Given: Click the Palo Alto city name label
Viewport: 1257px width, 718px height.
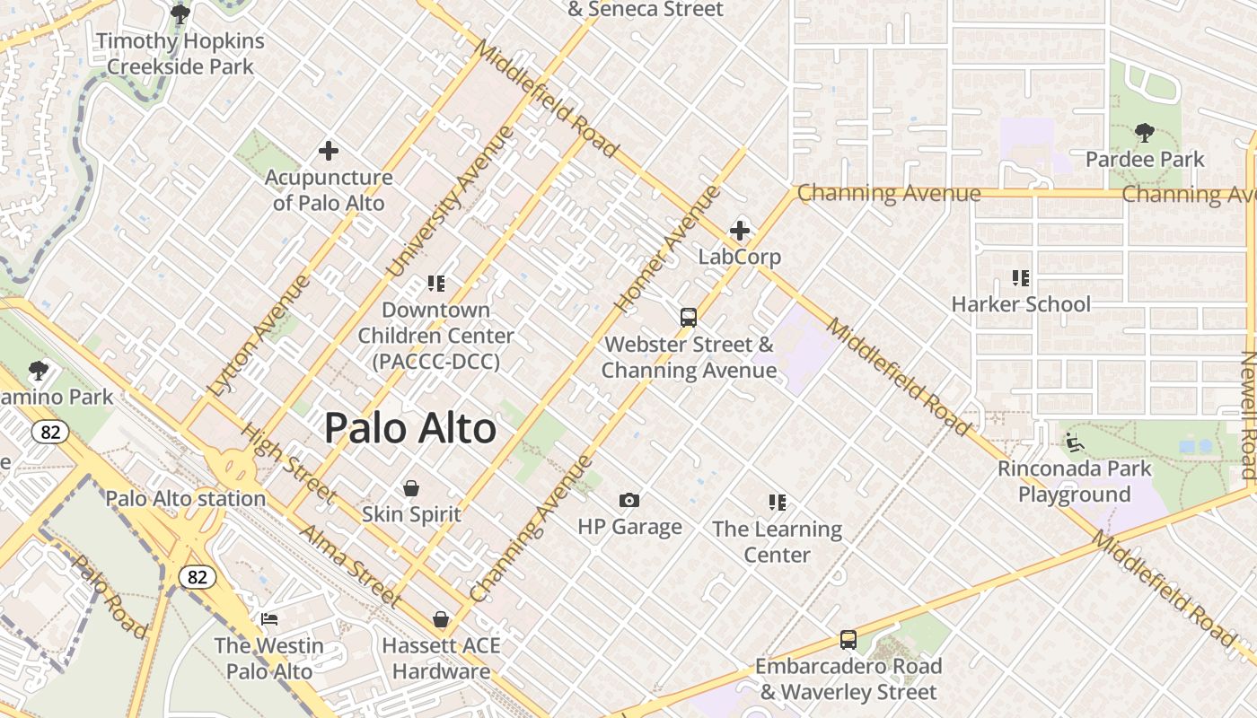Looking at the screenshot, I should pyautogui.click(x=409, y=428).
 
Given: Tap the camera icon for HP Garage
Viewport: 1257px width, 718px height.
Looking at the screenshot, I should pyautogui.click(x=629, y=500).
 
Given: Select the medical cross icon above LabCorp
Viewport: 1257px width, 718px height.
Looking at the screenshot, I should pyautogui.click(x=740, y=231).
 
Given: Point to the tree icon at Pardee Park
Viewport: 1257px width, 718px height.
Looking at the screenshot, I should pyautogui.click(x=1144, y=134).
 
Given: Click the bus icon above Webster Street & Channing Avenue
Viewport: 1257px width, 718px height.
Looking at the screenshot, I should pyautogui.click(x=689, y=318).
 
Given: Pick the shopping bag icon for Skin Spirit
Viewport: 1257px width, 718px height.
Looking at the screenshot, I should pyautogui.click(x=411, y=488).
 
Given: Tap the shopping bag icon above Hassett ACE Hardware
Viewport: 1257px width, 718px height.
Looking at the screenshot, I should pyautogui.click(x=441, y=619).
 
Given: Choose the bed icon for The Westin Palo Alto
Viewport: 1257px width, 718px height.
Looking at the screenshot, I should pyautogui.click(x=268, y=619).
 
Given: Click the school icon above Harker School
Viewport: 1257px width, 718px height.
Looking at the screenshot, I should pyautogui.click(x=1020, y=278).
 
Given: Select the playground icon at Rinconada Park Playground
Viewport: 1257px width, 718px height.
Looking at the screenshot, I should pyautogui.click(x=1074, y=442).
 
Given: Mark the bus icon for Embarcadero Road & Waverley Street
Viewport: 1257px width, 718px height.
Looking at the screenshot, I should pyautogui.click(x=848, y=640).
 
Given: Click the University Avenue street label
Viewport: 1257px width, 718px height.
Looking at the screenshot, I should pyautogui.click(x=451, y=201).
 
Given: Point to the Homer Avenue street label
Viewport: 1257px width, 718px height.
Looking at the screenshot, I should pyautogui.click(x=669, y=249).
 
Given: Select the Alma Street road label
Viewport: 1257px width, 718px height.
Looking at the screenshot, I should pyautogui.click(x=349, y=565).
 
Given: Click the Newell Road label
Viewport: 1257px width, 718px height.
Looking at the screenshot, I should pyautogui.click(x=1248, y=415).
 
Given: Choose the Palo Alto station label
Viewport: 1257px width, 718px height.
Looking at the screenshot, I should pyautogui.click(x=186, y=499).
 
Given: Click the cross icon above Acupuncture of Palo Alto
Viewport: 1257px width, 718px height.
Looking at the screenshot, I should pyautogui.click(x=329, y=151).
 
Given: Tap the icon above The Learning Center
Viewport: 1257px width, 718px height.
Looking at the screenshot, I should pyautogui.click(x=778, y=503).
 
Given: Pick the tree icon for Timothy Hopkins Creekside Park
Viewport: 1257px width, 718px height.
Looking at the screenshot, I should pyautogui.click(x=180, y=14).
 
